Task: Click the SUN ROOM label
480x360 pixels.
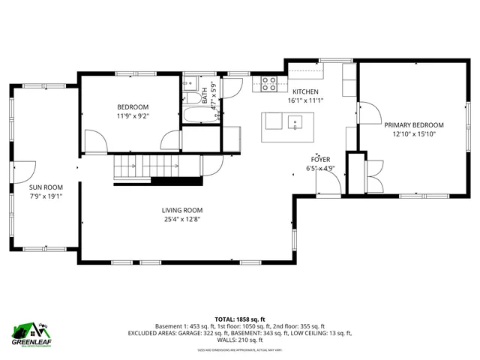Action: (46, 187)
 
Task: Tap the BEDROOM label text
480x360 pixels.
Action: (132, 107)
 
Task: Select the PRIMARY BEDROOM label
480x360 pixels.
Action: (413, 125)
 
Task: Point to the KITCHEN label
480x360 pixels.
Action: (305, 91)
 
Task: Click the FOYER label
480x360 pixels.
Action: (321, 160)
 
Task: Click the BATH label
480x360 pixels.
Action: (205, 96)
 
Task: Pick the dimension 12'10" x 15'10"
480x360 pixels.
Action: (413, 134)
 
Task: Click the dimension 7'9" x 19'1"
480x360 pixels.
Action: (46, 196)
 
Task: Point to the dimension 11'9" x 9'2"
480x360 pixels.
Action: (132, 116)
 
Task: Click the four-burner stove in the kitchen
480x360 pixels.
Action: (269, 84)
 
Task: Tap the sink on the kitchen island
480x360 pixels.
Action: (296, 121)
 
